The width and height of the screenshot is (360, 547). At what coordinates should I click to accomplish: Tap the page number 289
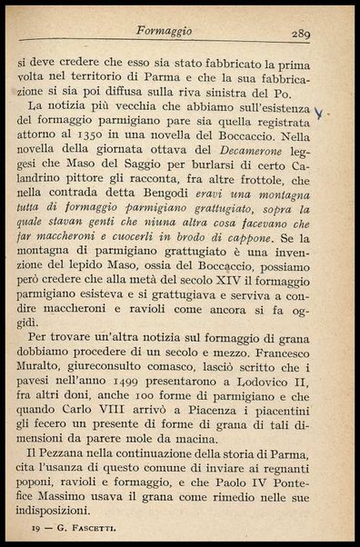(302, 34)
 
